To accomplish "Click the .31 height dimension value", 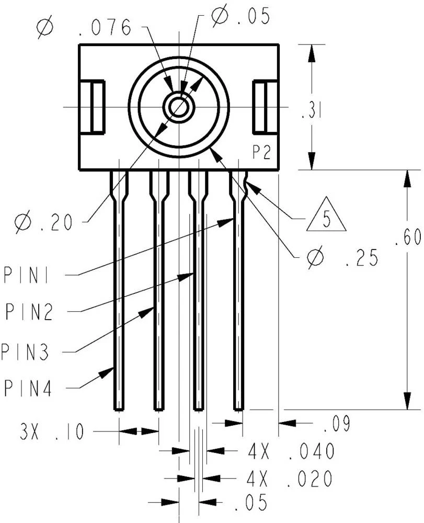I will (311, 111).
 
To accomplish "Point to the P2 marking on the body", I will (261, 152).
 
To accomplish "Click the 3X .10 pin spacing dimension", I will (52, 433).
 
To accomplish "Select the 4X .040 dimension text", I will (290, 451).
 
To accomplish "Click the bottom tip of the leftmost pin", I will (119, 407).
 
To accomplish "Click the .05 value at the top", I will (242, 17).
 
